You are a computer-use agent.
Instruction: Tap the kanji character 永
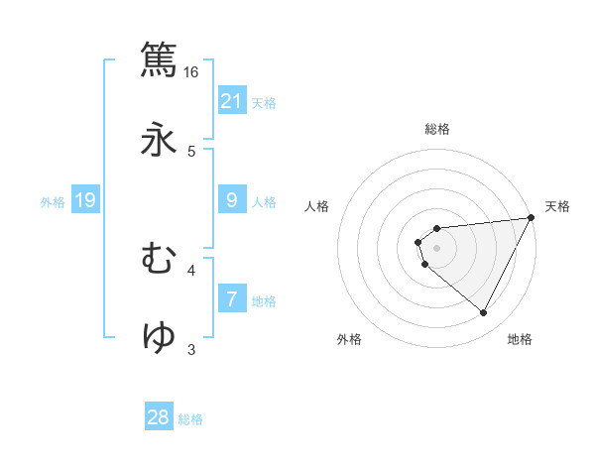160,140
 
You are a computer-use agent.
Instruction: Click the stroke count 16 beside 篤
191,72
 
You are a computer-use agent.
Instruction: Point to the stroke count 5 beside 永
191,152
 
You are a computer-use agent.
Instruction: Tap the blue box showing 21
232,101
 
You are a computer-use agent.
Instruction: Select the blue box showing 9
232,200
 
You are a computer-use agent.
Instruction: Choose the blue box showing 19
85,200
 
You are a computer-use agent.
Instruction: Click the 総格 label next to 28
190,419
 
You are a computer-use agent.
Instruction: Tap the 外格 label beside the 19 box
53,201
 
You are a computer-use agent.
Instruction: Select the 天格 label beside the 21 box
264,103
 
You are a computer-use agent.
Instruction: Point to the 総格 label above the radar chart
437,129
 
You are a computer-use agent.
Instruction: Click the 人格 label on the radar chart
318,206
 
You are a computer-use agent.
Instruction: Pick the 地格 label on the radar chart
520,340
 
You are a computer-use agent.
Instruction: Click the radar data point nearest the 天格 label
531,218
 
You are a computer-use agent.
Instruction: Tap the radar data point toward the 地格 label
484,313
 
